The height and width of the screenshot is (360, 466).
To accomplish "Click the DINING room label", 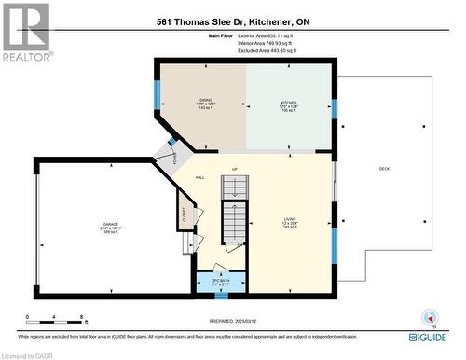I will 206,104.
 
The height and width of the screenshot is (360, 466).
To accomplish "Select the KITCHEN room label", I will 289,104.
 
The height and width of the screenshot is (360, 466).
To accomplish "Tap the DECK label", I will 384,169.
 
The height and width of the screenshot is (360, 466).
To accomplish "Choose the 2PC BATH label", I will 221,283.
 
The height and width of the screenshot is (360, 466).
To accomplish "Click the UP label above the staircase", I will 235,169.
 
